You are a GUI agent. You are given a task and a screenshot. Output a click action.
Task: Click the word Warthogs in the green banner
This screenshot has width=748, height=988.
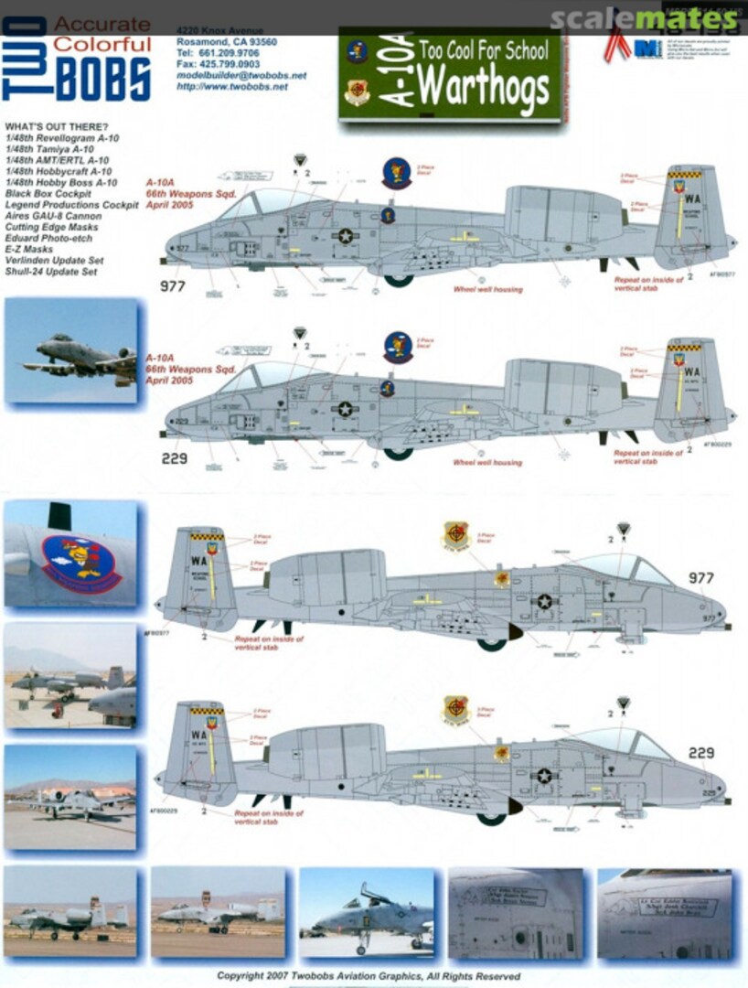[485, 87]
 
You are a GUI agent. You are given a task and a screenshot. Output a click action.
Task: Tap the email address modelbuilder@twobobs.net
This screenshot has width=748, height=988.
[240, 76]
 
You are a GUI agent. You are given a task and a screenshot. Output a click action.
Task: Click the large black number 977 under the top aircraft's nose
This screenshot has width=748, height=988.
[173, 286]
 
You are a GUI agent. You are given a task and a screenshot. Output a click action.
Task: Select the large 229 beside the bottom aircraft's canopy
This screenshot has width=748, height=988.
[701, 753]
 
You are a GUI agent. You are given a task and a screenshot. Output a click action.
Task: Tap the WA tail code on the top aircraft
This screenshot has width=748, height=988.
[694, 196]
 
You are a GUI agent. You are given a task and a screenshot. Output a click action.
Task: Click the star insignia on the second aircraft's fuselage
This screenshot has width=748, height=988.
[345, 409]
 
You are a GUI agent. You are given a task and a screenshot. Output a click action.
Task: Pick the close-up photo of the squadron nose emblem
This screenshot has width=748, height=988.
[70, 554]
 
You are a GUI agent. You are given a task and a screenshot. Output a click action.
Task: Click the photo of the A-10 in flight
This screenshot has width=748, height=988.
[70, 351]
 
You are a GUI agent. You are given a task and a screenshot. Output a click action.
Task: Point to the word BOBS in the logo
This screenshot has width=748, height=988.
[102, 79]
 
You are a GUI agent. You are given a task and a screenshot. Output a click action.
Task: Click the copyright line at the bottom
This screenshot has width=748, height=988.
[369, 976]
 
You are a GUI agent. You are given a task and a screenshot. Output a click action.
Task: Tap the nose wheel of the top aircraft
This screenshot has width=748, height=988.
[399, 280]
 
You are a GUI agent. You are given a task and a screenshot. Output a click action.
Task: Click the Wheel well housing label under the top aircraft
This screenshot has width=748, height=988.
[487, 290]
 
